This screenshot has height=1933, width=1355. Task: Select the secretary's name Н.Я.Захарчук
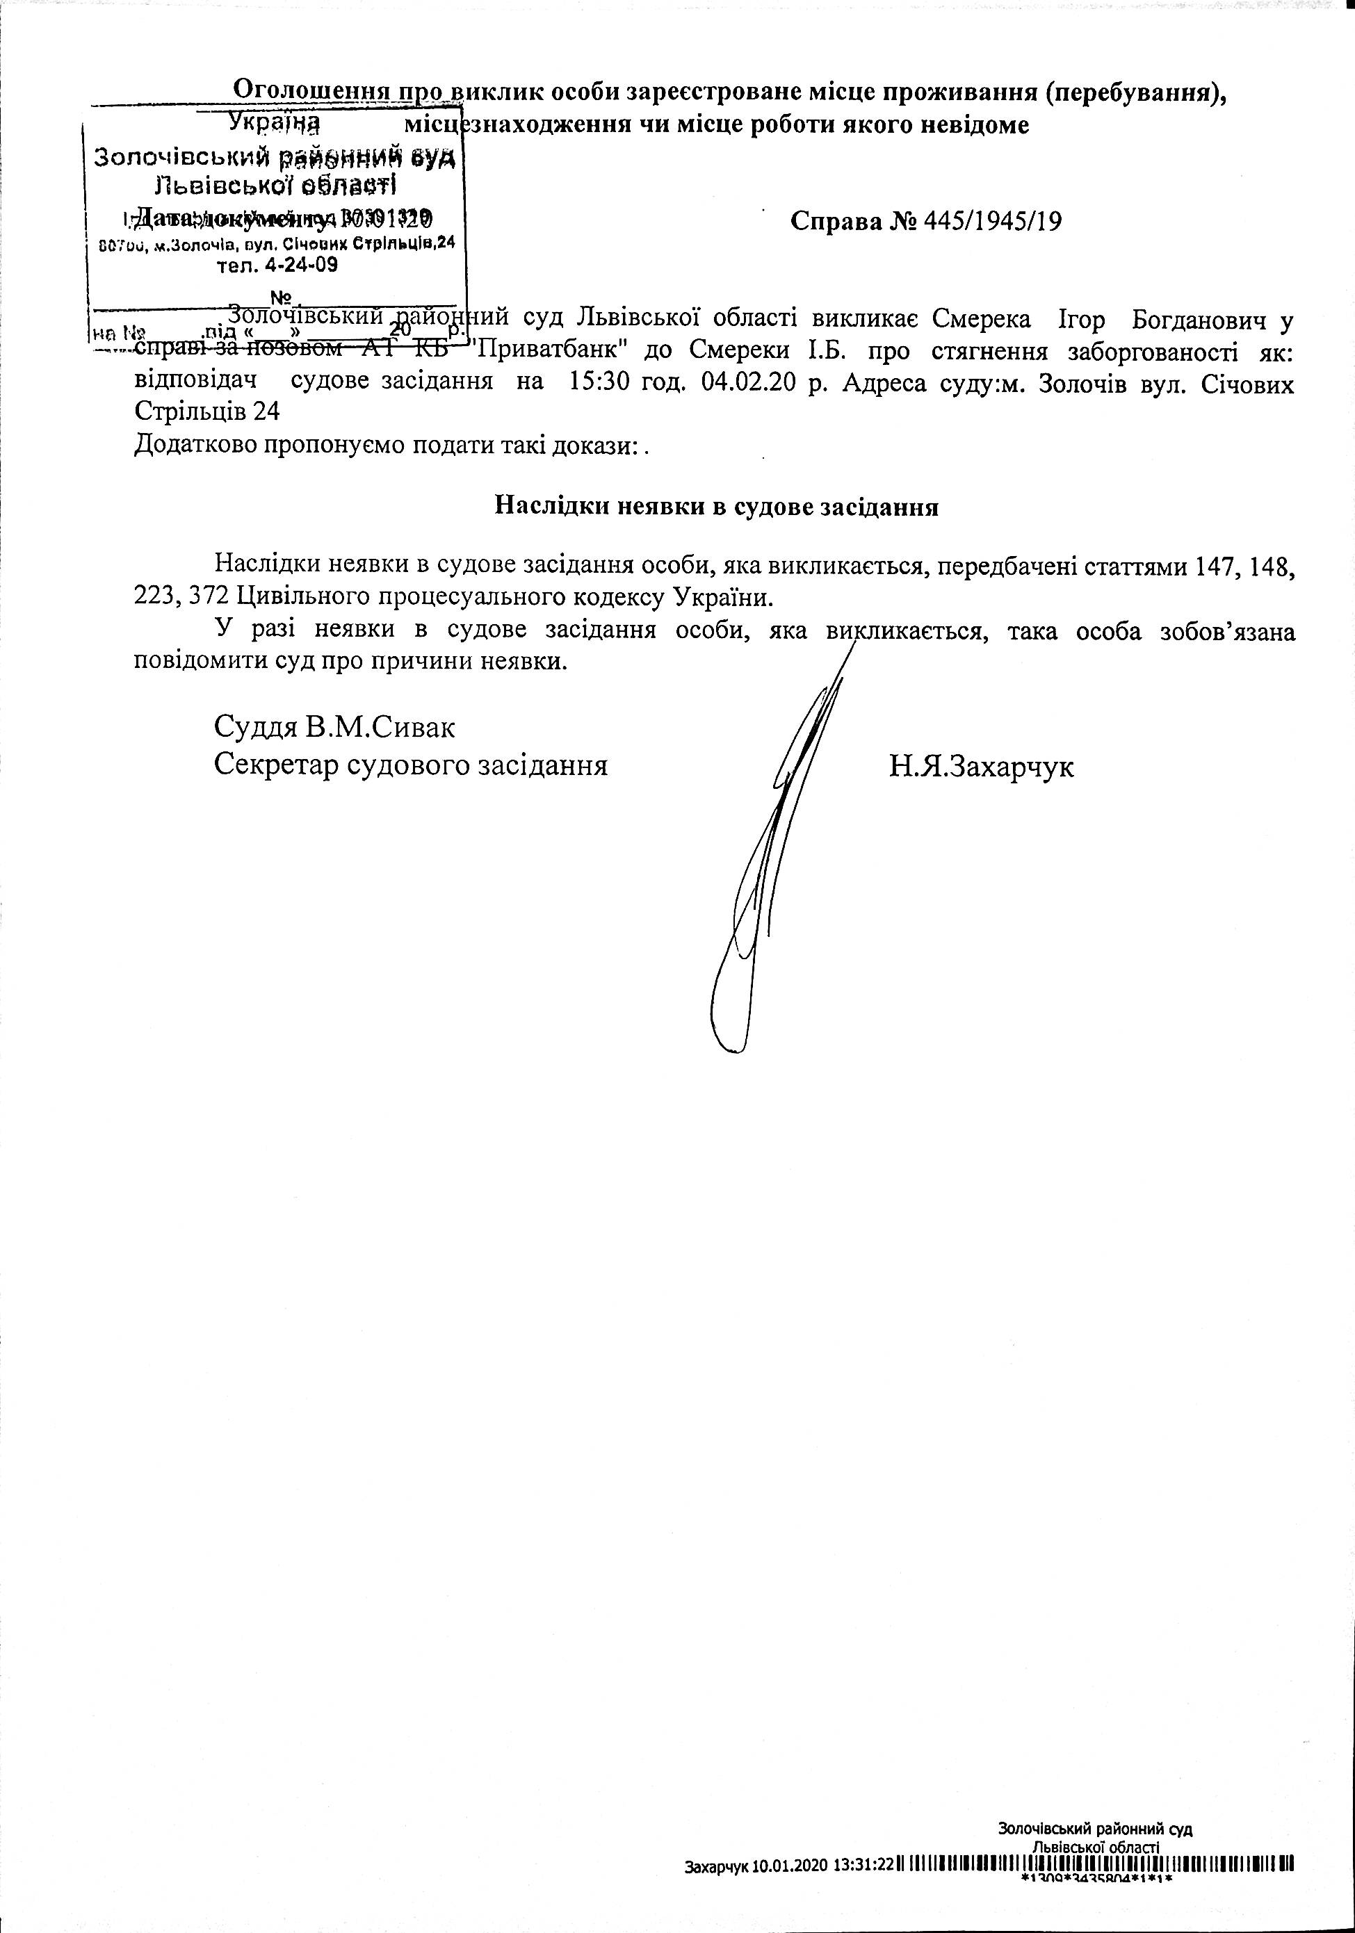click(981, 766)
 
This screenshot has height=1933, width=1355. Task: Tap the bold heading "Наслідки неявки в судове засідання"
click(716, 507)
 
